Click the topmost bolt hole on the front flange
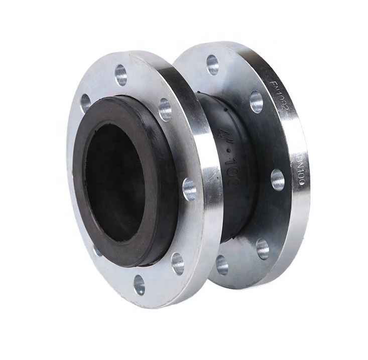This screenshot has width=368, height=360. click(x=120, y=75)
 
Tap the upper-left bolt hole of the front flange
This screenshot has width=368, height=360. click(x=85, y=103)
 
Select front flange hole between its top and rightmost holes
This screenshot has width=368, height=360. click(x=165, y=109)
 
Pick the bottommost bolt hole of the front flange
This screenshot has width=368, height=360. click(x=139, y=285)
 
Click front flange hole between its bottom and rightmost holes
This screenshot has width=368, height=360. click(x=178, y=263)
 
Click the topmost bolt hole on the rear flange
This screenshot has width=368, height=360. click(x=212, y=64)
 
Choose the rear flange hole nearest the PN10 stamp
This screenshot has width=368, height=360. click(x=256, y=102)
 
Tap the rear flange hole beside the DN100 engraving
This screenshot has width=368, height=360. click(x=278, y=179)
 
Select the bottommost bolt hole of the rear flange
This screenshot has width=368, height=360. click(x=221, y=265)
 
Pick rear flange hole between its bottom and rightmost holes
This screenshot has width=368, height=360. click(x=263, y=249)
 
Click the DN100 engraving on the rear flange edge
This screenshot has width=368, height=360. click(x=300, y=170)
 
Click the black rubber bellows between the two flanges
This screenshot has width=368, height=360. click(x=236, y=211)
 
